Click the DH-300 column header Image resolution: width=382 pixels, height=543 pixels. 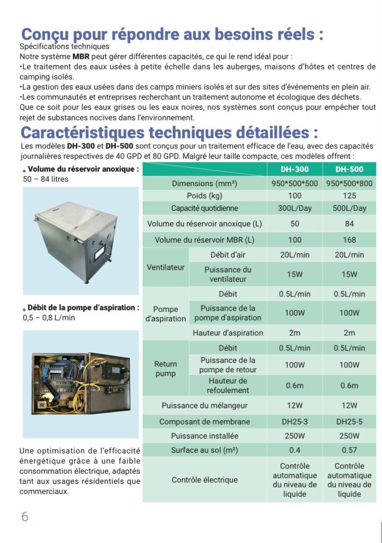point(294,170)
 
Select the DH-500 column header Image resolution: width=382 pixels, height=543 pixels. point(349,170)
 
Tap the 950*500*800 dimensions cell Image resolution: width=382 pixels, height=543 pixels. point(349,183)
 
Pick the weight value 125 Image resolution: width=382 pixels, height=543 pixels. point(349,196)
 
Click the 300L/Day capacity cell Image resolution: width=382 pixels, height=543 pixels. point(294,208)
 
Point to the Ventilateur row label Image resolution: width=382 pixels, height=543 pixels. point(166,267)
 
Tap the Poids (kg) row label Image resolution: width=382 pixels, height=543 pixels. point(204,196)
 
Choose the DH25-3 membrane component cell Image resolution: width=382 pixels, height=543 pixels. point(294,422)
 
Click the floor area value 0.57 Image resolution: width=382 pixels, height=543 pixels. point(349,450)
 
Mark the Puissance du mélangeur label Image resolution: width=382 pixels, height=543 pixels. point(204,406)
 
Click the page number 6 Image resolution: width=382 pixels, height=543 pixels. point(25,517)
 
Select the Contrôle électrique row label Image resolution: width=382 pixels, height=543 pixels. point(204,480)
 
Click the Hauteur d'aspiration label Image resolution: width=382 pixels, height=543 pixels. point(228,333)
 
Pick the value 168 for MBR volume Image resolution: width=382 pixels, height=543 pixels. point(349,240)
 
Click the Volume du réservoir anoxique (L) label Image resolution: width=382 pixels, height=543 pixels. point(204,224)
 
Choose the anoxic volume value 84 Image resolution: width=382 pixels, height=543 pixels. point(349,224)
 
